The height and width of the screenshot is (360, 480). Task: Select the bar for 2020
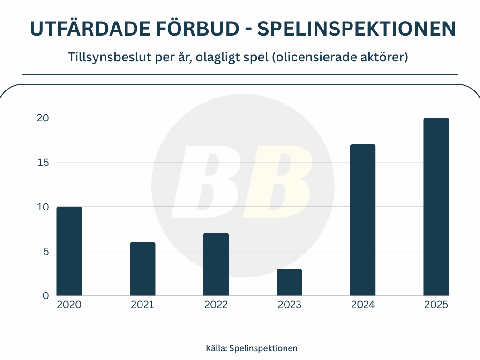(69, 251)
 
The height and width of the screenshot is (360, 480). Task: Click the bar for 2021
(142, 269)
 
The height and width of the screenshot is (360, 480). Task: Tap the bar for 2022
(216, 264)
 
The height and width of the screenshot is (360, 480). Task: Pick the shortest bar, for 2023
(289, 282)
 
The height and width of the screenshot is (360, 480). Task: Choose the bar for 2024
(363, 220)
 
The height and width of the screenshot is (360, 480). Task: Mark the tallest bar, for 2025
(436, 207)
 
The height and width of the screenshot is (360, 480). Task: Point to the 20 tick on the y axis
(43, 118)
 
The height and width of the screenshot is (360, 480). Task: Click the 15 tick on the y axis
(43, 163)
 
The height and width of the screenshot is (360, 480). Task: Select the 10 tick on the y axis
(43, 207)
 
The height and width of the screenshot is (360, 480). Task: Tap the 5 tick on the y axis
(45, 251)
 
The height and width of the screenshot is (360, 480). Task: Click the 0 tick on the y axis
(45, 295)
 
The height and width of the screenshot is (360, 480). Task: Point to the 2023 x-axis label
(289, 305)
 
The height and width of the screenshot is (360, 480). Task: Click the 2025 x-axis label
(436, 305)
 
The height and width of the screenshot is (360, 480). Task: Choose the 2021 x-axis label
(142, 305)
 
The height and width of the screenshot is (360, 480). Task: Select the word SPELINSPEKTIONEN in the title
(356, 29)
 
